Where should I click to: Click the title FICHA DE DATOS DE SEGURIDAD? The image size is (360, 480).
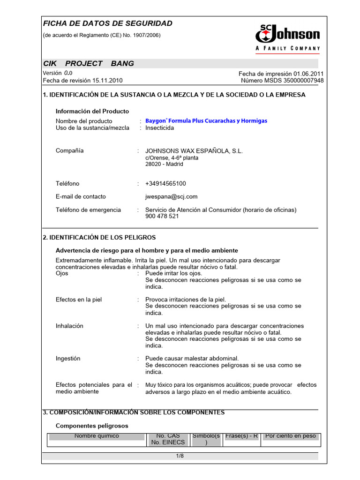[107, 23]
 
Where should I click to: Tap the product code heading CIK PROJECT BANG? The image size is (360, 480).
[88, 63]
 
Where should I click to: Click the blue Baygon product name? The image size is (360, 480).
[206, 121]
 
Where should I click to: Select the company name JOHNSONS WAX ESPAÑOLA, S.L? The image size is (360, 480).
[194, 151]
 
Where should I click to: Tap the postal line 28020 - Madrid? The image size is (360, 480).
[164, 164]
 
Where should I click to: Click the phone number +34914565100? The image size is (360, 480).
[165, 184]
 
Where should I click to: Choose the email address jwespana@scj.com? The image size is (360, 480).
[171, 197]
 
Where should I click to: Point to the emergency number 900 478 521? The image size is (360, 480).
[162, 217]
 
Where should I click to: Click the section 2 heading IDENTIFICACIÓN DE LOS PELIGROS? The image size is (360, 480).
[99, 238]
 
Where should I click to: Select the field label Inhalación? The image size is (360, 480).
[69, 326]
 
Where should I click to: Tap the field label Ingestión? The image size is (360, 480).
[68, 359]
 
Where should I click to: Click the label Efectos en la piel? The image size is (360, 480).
[79, 300]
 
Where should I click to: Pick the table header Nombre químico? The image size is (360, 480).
[97, 436]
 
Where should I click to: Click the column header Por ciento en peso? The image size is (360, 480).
[291, 436]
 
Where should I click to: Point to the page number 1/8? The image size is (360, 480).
[180, 456]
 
